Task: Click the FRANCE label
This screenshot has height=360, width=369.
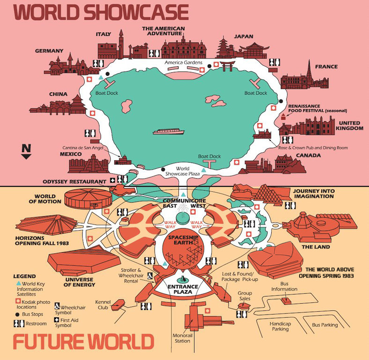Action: pos(326,67)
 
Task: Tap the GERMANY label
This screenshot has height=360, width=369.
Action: pos(49,51)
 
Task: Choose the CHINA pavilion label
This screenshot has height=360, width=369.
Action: pos(59,94)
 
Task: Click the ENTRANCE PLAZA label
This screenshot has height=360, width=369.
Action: pos(184,289)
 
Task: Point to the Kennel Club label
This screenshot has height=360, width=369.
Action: pos(103,305)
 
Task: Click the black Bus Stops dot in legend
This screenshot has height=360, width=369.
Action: pos(17,314)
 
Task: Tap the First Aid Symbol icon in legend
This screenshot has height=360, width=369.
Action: pos(57,320)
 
